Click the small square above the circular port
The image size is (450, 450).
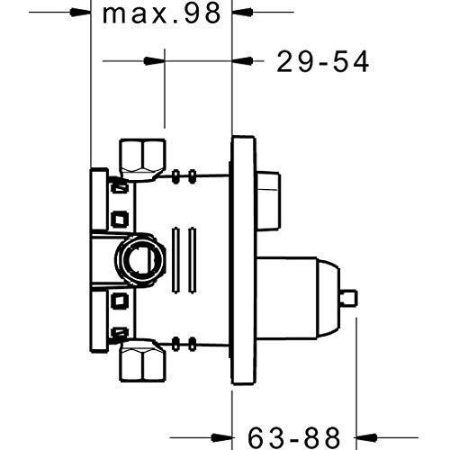pyautogui.click(x=118, y=216)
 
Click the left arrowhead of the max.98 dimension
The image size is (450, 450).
pyautogui.click(x=84, y=13)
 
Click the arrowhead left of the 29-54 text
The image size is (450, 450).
pyautogui.click(x=244, y=61)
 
